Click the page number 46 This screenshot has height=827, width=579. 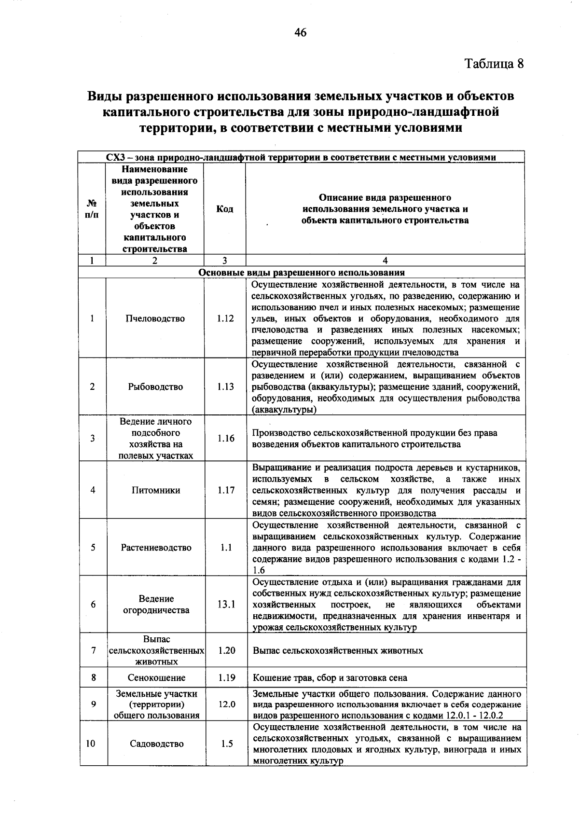300,33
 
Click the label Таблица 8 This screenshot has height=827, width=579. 494,64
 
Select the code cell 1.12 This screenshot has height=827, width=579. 225,318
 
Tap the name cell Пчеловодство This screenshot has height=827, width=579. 155,318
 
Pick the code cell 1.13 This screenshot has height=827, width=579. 225,386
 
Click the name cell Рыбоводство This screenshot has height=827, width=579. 155,386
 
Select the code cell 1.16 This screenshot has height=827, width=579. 225,438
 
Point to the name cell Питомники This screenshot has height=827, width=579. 155,490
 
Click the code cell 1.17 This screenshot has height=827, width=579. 225,490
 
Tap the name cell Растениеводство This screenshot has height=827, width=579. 156,548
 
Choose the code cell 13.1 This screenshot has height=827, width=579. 226,604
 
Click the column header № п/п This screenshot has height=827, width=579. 92,209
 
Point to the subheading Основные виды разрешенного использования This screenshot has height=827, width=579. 302,272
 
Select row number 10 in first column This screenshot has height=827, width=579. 91,744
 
